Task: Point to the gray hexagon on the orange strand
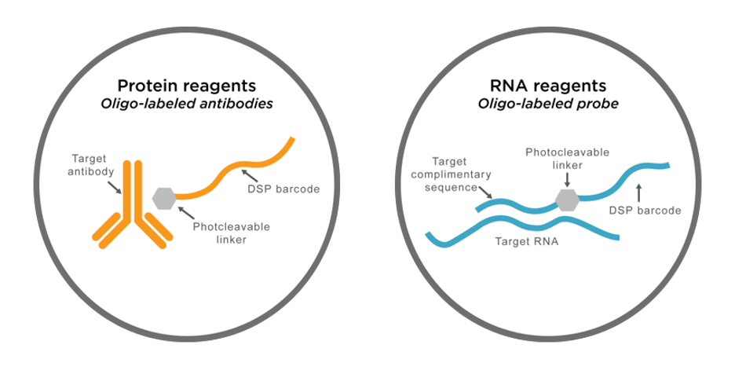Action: click(163, 198)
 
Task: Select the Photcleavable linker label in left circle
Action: click(231, 233)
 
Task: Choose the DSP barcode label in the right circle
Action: click(645, 211)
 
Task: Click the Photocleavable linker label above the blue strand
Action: click(567, 159)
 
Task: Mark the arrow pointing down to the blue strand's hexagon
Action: click(567, 180)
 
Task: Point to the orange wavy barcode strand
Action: click(236, 169)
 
